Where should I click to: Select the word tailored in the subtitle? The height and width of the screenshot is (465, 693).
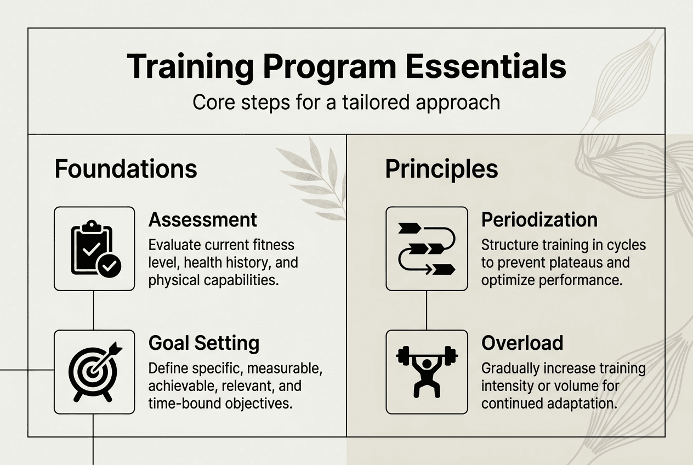pos(376,102)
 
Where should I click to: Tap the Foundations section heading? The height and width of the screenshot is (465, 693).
pos(126,169)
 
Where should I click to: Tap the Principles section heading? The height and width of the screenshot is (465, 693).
pos(441,169)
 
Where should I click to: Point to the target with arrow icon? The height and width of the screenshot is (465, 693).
pos(95,371)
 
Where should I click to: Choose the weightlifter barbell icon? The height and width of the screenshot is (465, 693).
pos(427,372)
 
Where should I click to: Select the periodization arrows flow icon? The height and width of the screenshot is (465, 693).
pos(427,249)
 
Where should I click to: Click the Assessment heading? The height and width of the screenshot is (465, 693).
pos(203,220)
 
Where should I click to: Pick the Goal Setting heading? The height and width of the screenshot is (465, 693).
pos(204,343)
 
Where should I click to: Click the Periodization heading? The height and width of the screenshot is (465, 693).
pos(539,220)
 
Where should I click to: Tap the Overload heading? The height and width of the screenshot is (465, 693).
pos(522,343)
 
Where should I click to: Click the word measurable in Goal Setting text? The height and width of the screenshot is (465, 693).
pos(285,368)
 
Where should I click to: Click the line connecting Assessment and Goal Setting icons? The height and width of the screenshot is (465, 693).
pos(93,310)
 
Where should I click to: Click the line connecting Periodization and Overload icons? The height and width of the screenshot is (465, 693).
pos(427,310)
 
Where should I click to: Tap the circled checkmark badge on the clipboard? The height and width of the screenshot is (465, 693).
pos(109,266)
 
